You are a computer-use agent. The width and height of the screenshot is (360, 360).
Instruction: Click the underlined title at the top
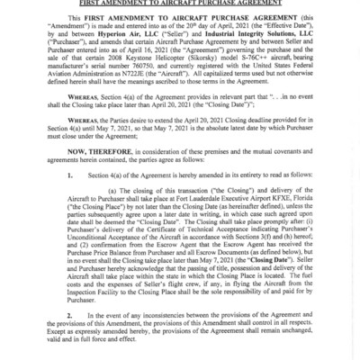coord(180,5)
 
